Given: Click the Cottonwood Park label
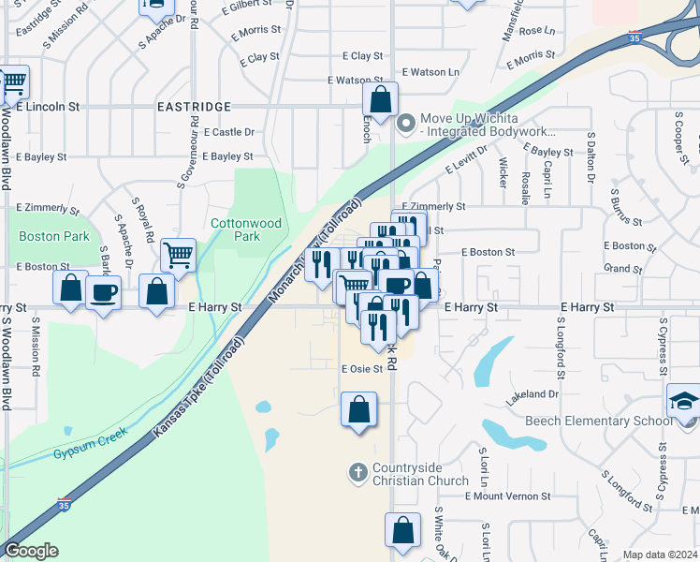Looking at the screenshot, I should click(246, 229).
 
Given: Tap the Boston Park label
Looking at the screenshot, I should click(54, 237).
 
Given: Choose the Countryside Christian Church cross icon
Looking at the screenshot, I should click(357, 473).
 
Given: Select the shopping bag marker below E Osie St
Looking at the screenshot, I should click(359, 409).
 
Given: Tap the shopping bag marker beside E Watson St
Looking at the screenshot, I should click(381, 99).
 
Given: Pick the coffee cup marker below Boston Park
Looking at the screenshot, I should click(103, 293).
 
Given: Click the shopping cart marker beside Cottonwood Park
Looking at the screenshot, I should click(177, 253).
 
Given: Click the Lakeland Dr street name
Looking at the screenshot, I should click(532, 395).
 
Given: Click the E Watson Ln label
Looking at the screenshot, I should click(430, 72).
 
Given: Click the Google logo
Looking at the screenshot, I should click(31, 551).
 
